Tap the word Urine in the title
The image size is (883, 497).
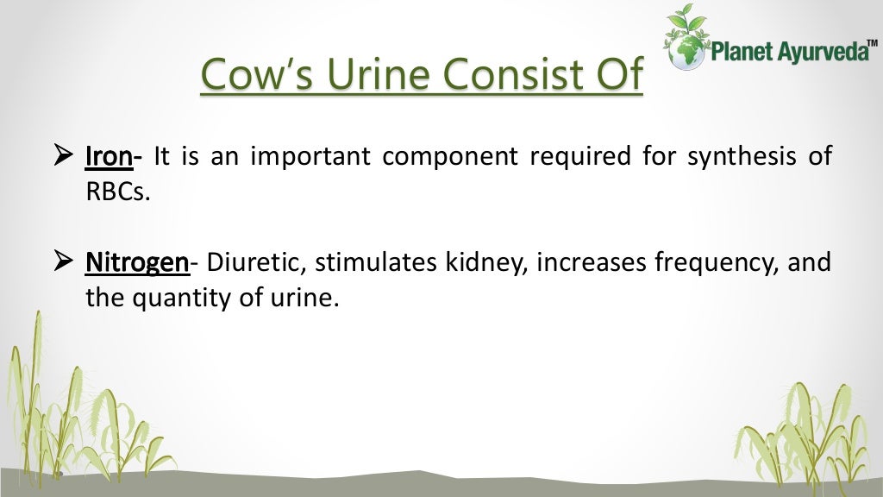[385, 74]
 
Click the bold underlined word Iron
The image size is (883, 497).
[109, 157]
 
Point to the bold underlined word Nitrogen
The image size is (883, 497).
[136, 262]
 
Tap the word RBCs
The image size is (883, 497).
[117, 192]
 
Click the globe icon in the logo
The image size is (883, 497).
[687, 49]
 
